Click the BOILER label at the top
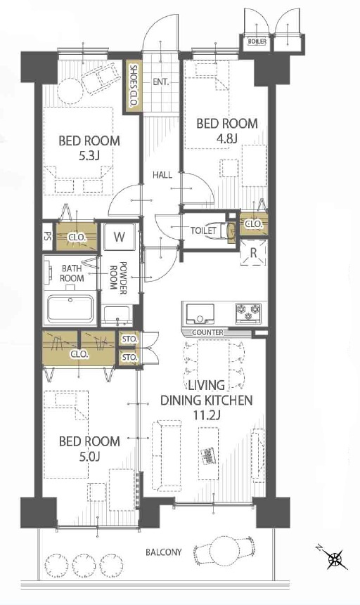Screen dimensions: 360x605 pyautogui.click(x=257, y=41)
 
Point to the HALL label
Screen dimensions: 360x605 pyautogui.click(x=162, y=175)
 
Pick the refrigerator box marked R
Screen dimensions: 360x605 pyautogui.click(x=253, y=253)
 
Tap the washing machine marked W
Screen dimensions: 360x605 pyautogui.click(x=119, y=237)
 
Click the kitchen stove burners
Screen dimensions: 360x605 pyautogui.click(x=249, y=312)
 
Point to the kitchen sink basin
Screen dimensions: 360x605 pyautogui.click(x=200, y=313)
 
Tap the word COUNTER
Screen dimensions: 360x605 pyautogui.click(x=207, y=332)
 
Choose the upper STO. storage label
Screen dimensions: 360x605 pyautogui.click(x=129, y=339)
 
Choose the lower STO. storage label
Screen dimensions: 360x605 pyautogui.click(x=129, y=358)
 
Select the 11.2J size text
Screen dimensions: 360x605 pyautogui.click(x=206, y=415)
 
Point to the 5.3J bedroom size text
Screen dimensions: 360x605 pyautogui.click(x=89, y=155)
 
